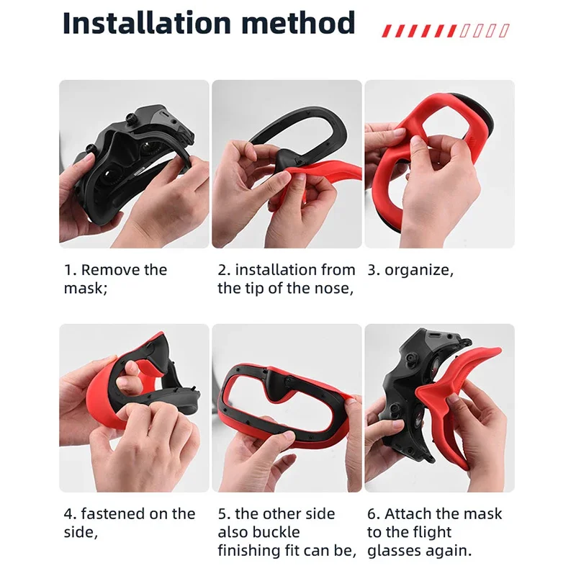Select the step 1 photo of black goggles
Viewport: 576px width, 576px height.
[134, 164]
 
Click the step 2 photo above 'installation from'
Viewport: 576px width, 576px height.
[287, 164]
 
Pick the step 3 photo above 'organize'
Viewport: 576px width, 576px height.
[439, 164]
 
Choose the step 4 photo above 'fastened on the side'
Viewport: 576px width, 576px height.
[134, 408]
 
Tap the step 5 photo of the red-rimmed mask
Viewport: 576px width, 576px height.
[287, 408]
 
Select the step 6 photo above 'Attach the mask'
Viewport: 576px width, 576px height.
[439, 408]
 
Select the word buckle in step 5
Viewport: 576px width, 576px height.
[269, 533]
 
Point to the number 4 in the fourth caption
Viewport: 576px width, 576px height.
[68, 514]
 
